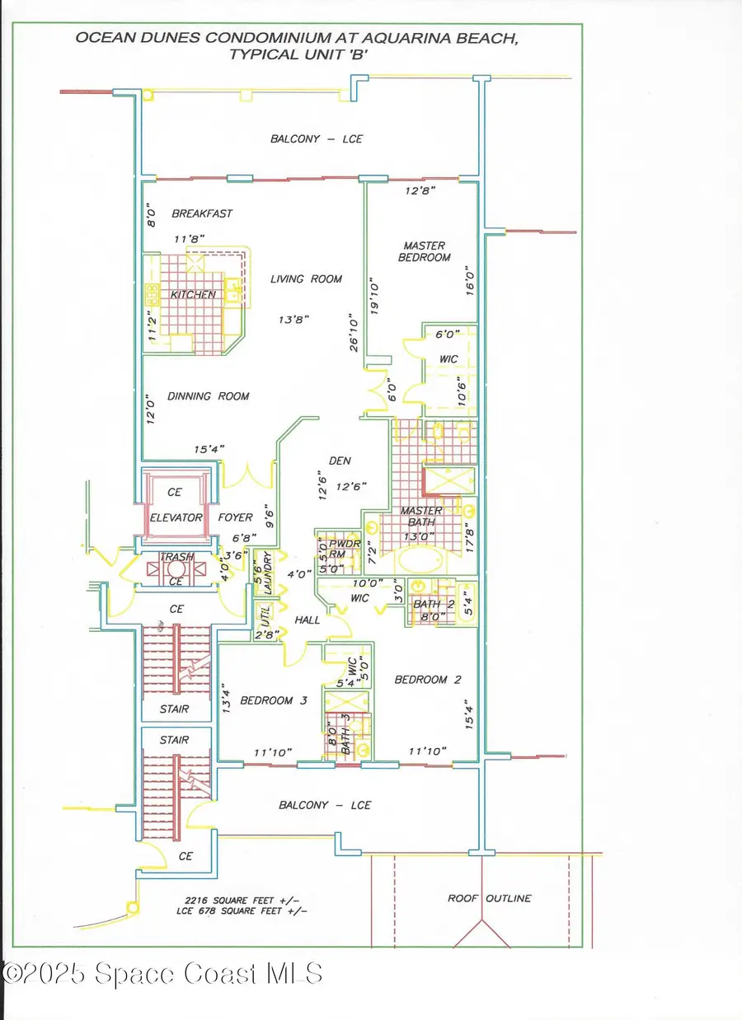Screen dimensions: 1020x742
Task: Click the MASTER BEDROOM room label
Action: click(x=425, y=251)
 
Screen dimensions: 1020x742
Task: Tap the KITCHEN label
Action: click(x=193, y=295)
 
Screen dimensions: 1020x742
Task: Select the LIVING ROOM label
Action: click(x=306, y=279)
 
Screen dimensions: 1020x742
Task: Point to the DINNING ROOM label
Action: click(x=209, y=396)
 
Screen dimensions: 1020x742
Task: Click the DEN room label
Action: click(x=340, y=461)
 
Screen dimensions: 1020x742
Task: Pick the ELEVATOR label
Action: click(x=176, y=517)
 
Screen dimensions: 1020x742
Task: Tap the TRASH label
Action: click(x=176, y=556)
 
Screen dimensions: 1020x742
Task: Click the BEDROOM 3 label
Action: click(x=274, y=700)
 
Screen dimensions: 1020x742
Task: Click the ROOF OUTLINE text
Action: click(x=490, y=898)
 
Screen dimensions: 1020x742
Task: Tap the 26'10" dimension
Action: click(x=354, y=330)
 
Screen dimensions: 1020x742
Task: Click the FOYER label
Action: click(x=235, y=517)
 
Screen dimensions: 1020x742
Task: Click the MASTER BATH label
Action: click(x=421, y=517)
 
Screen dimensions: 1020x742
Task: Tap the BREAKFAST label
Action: click(x=202, y=213)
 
